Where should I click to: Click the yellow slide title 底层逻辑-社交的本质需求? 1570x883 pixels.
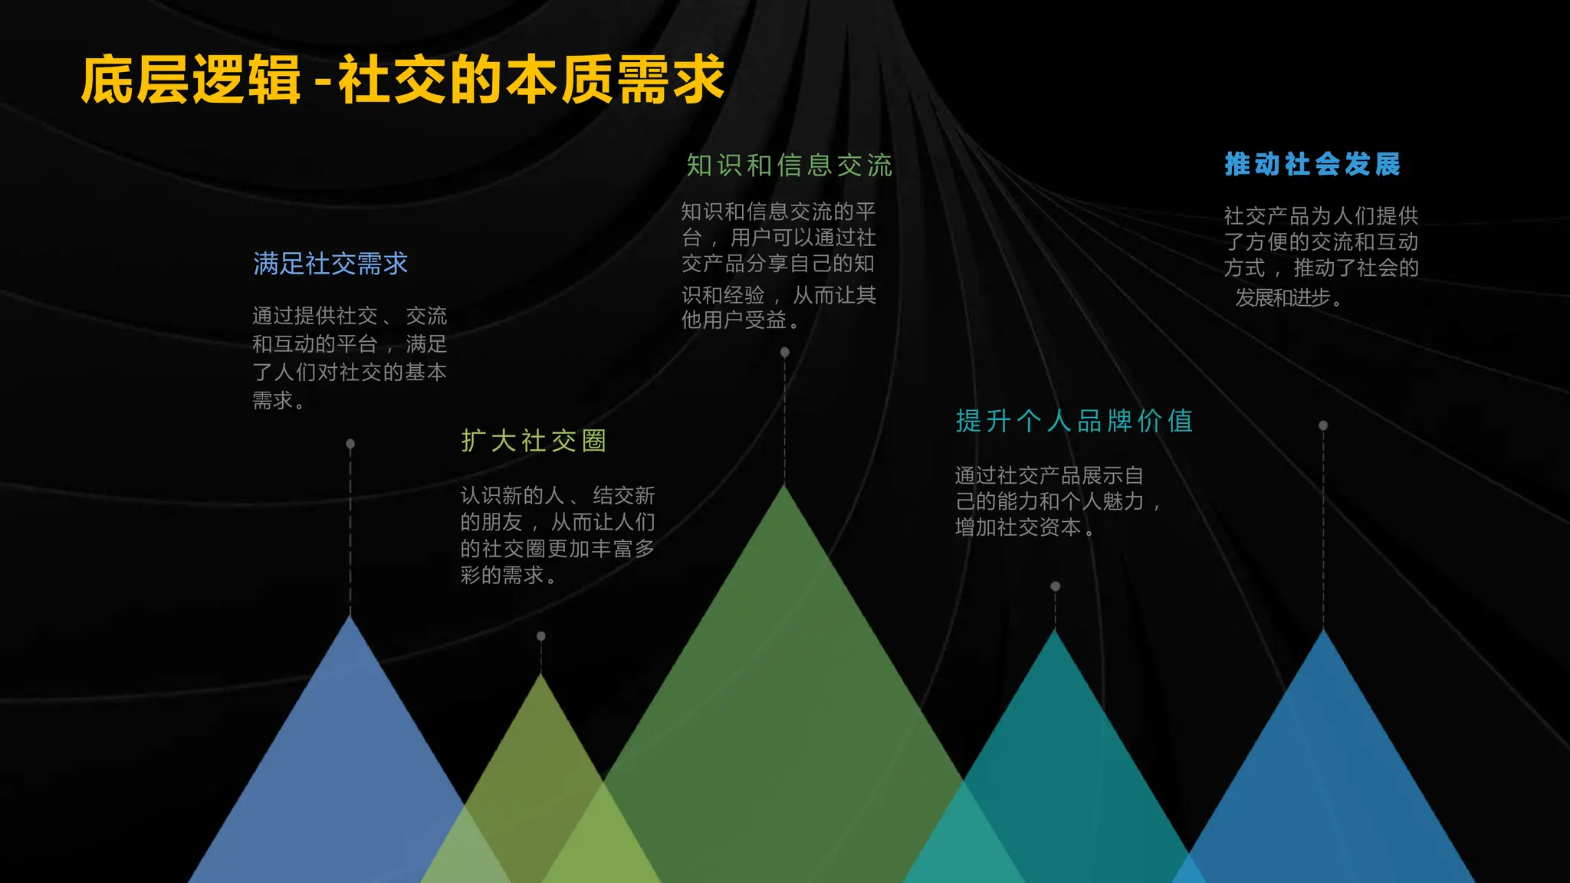pyautogui.click(x=402, y=80)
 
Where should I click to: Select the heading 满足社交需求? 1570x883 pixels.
pyautogui.click(x=330, y=264)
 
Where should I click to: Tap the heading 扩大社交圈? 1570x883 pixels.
pyautogui.click(x=534, y=441)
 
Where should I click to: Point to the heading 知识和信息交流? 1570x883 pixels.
pyautogui.click(x=789, y=166)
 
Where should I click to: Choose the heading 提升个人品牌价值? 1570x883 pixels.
pyautogui.click(x=1074, y=421)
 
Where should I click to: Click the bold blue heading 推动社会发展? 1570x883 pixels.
pyautogui.click(x=1312, y=164)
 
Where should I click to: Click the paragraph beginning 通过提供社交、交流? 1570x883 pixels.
pyautogui.click(x=349, y=358)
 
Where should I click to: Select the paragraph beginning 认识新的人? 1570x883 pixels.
pyautogui.click(x=557, y=535)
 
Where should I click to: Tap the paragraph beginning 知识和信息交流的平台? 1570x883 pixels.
pyautogui.click(x=778, y=265)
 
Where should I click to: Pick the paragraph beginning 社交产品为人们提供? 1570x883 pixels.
pyautogui.click(x=1320, y=256)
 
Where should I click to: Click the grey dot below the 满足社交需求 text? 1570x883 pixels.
pyautogui.click(x=350, y=444)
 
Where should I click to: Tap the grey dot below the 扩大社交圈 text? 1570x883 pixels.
pyautogui.click(x=541, y=636)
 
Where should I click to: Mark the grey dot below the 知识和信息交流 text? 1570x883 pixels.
pyautogui.click(x=784, y=353)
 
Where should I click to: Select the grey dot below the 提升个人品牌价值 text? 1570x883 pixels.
pyautogui.click(x=1056, y=586)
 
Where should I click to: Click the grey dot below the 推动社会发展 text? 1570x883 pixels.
pyautogui.click(x=1323, y=425)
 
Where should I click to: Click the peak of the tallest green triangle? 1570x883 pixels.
pyautogui.click(x=784, y=488)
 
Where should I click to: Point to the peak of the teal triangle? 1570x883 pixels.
pyautogui.click(x=1056, y=632)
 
